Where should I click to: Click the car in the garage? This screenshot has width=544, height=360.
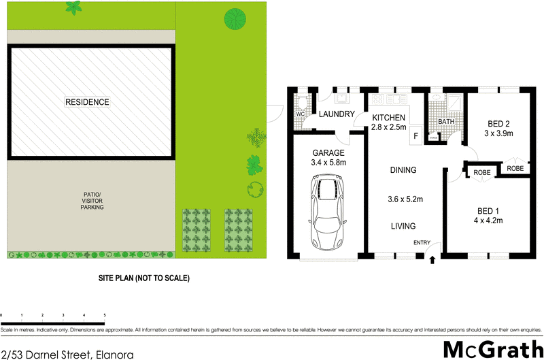tap(328, 212)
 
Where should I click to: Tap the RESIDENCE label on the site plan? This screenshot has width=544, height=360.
tap(87, 102)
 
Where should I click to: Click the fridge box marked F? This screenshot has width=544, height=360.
tap(415, 135)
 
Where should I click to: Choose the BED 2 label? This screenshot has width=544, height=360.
tap(499, 124)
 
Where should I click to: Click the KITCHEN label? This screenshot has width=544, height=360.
tap(388, 118)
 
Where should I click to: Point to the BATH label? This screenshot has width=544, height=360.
tap(446, 122)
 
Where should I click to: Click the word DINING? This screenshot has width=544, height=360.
tap(403, 170)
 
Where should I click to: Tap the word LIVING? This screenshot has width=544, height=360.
tap(403, 227)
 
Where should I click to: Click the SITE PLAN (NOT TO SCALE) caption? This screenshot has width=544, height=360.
tap(144, 278)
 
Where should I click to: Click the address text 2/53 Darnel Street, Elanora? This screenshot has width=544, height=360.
tap(67, 354)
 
